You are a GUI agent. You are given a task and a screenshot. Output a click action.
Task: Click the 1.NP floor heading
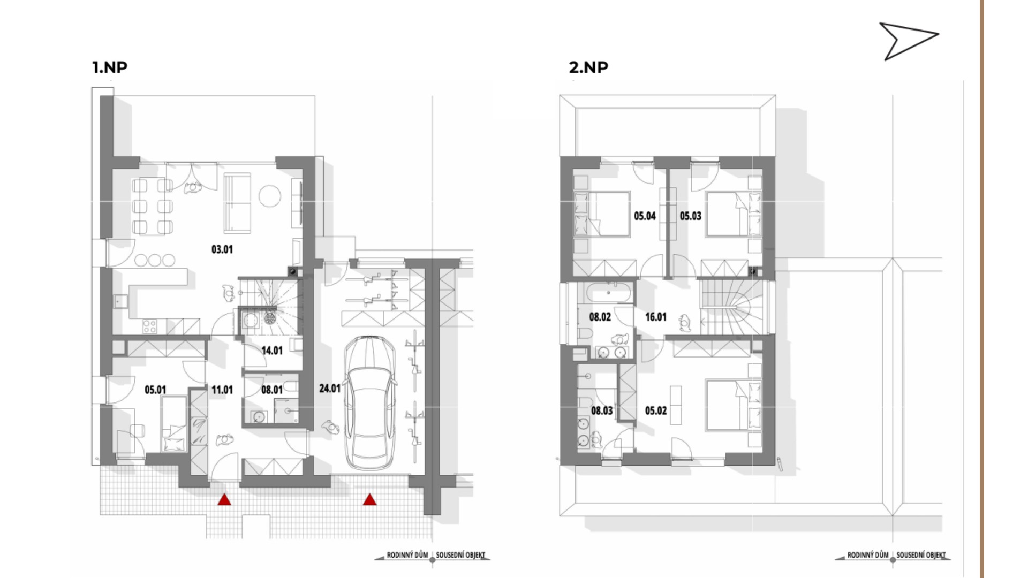[x=110, y=67]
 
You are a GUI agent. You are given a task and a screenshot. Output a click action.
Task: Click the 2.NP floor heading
[x=588, y=67]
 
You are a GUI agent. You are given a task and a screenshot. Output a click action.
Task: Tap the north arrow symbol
[x=909, y=41]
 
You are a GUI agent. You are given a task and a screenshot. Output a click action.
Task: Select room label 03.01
[x=222, y=249]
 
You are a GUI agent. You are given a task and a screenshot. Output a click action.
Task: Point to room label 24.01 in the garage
[x=330, y=388]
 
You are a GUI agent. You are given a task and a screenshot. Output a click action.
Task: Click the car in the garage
[x=370, y=402]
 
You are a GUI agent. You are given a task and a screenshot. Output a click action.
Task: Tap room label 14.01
[x=272, y=351]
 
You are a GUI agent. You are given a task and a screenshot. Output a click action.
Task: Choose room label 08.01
[x=272, y=390]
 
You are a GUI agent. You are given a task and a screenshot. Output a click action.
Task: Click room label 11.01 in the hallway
[x=222, y=390]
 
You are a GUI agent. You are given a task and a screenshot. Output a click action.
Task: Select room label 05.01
[x=155, y=390]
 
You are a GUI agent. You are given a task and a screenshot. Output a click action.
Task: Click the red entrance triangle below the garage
[x=369, y=499]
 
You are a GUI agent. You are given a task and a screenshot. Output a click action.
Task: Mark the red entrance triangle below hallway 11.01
[x=224, y=499]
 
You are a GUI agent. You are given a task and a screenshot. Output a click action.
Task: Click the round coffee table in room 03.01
[x=270, y=196]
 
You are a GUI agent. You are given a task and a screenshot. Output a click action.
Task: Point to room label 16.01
[x=656, y=317]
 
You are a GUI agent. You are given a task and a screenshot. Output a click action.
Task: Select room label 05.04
[x=645, y=216]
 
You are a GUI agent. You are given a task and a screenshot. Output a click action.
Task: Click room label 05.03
[x=691, y=216]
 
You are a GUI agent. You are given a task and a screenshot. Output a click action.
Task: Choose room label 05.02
[x=656, y=411]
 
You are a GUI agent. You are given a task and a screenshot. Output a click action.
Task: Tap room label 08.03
[x=602, y=411]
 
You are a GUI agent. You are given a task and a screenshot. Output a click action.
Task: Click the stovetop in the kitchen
[x=150, y=326]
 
